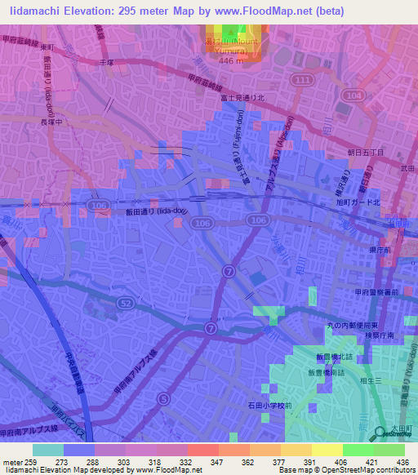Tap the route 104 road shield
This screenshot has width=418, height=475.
[x=352, y=95]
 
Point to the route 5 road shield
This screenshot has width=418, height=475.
[x=164, y=398]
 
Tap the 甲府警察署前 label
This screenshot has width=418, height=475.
[x=377, y=291]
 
